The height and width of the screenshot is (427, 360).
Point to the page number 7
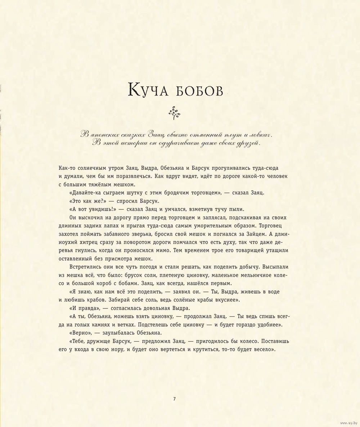174,399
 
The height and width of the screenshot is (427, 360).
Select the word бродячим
174,193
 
